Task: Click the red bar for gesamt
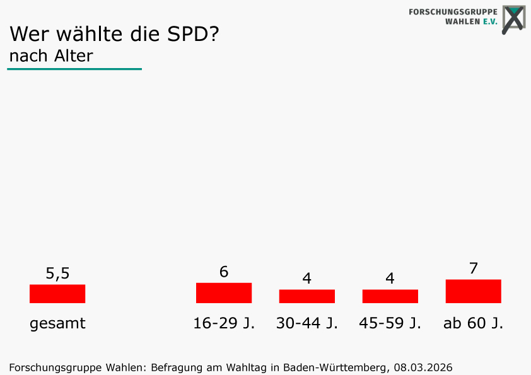[x=57, y=294]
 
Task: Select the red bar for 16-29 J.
[x=224, y=293]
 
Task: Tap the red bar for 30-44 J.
[x=307, y=296]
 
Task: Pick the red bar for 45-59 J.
[x=390, y=296]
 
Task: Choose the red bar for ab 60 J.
[x=474, y=291]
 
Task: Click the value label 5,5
[x=57, y=274]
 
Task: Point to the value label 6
[x=224, y=272]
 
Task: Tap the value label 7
[x=474, y=268]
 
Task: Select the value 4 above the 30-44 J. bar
[x=307, y=279]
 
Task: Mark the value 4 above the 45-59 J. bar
[x=390, y=279]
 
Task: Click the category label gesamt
[x=57, y=324]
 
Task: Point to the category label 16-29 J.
[x=224, y=324]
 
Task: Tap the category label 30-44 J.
[x=307, y=324]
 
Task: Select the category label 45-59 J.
[x=390, y=324]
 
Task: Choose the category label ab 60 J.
[x=474, y=324]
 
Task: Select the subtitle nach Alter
[x=51, y=56]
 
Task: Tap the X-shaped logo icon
[x=514, y=19]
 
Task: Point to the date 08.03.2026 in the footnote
[x=423, y=367]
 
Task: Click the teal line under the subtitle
[x=74, y=69]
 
